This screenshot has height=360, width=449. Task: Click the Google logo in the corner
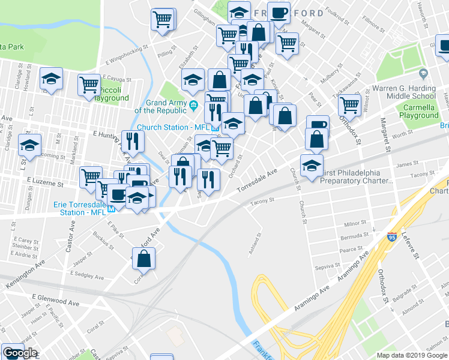click(x=20, y=353)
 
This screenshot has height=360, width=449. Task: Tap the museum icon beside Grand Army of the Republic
click(x=193, y=107)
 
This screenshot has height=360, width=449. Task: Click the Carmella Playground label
click(x=419, y=112)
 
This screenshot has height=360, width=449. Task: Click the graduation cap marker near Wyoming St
click(x=29, y=145)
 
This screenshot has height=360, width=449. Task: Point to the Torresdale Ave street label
click(x=257, y=180)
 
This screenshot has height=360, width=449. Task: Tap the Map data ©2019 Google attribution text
click(x=411, y=355)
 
